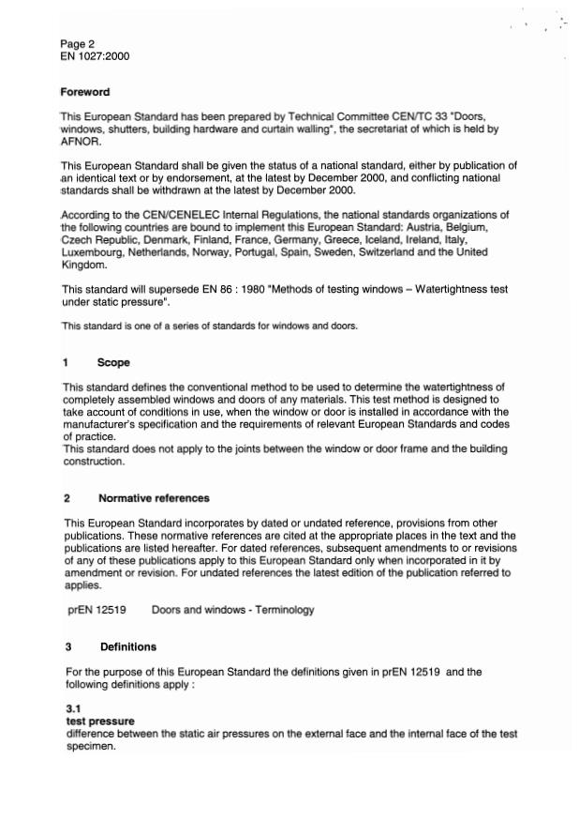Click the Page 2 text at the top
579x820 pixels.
tap(78, 43)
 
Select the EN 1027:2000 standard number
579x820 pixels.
tap(94, 56)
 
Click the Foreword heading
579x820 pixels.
tap(85, 92)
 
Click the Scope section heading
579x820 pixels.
tap(113, 362)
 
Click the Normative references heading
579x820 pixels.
tap(154, 497)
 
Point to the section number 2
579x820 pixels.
tap(67, 497)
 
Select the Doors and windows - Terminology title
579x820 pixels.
tap(232, 610)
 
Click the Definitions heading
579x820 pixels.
tap(127, 646)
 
